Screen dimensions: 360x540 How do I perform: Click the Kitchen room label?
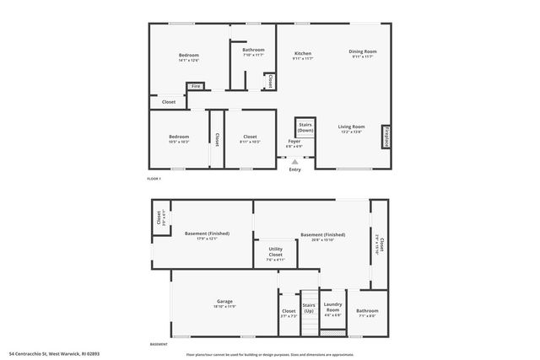point(303,52)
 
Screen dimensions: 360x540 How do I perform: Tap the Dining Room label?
point(363,52)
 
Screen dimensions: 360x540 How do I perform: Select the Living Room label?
point(351,126)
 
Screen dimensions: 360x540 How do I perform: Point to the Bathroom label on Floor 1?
point(253,50)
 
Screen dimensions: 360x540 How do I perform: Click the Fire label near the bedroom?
point(195,86)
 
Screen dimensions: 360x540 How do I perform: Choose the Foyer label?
point(294,142)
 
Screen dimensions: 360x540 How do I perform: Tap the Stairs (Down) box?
point(305,127)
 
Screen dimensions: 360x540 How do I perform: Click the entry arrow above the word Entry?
point(294,161)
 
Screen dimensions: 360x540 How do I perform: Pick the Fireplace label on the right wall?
point(386,137)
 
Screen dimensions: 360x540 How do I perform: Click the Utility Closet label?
point(276,250)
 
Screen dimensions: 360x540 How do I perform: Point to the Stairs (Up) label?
point(309,308)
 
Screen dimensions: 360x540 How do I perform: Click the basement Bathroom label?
point(367,310)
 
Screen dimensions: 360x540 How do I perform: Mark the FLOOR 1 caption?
point(154,179)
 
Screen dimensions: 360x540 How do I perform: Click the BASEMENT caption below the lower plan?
point(158,344)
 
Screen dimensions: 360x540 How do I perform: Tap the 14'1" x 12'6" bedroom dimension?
point(188,60)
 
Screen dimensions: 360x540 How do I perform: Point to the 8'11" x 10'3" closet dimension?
point(250,142)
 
